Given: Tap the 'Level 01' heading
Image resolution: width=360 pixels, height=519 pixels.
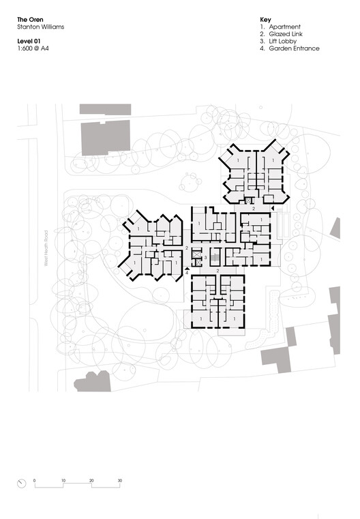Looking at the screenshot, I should coord(30,42).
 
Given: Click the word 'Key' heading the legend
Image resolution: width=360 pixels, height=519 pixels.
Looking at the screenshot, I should coord(266,20).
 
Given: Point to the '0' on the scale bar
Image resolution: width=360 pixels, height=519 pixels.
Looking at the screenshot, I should coord(35,481).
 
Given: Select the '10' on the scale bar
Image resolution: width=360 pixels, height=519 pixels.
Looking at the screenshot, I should coord(63,481).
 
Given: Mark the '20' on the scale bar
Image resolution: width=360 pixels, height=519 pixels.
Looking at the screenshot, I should coord(91,481).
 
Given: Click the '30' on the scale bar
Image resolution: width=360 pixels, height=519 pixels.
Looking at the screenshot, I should coord(119,481).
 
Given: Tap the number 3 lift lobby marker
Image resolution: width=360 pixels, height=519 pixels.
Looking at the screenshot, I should coord(205,258).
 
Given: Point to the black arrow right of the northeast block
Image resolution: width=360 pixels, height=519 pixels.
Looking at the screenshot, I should coord(273,207).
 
